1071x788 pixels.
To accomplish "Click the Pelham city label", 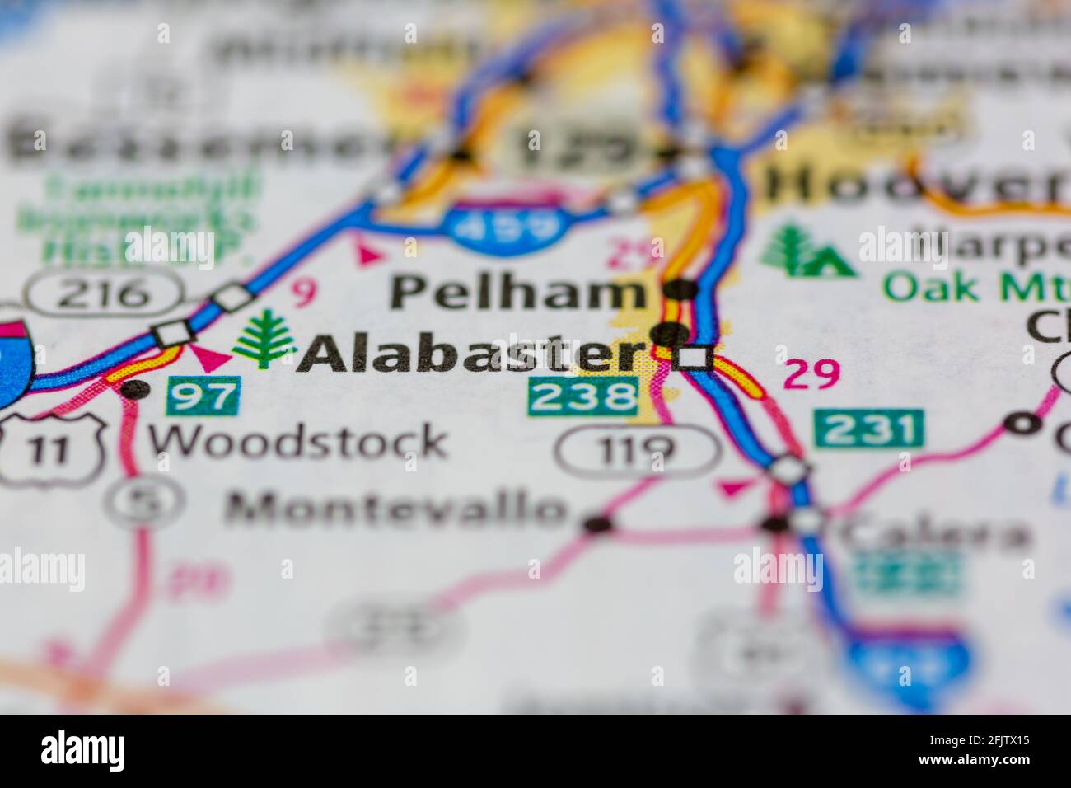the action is (517, 293).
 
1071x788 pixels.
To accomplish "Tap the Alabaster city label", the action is (470, 354).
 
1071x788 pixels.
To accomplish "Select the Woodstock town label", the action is (297, 442).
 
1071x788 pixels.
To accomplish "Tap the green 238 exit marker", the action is (583, 396).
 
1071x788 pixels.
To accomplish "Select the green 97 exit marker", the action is (203, 396).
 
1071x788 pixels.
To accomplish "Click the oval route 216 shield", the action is (104, 293).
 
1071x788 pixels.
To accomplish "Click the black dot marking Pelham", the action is (681, 289).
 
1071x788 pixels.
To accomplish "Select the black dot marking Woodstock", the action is (136, 389).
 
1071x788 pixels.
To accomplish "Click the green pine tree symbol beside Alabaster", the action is (264, 338).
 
